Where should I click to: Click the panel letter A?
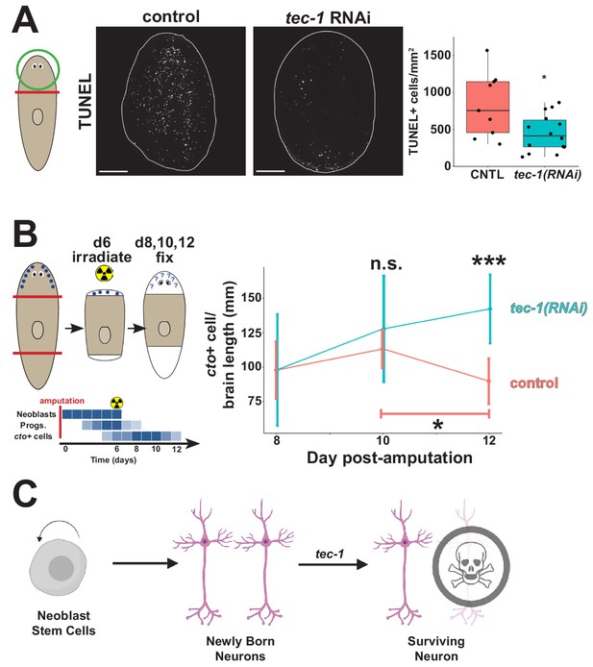pyautogui.click(x=25, y=21)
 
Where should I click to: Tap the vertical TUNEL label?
pyautogui.click(x=86, y=101)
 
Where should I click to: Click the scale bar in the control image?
pyautogui.click(x=113, y=171)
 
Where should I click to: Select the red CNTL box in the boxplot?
pyautogui.click(x=487, y=107)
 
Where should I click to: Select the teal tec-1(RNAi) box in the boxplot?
pyautogui.click(x=546, y=134)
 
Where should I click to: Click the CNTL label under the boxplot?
pyautogui.click(x=487, y=174)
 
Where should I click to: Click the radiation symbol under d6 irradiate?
pyautogui.click(x=105, y=273)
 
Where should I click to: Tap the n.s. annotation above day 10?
pyautogui.click(x=385, y=263)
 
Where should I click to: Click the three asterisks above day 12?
pyautogui.click(x=489, y=260)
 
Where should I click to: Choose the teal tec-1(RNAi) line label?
pyautogui.click(x=549, y=308)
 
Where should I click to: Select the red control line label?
pyautogui.click(x=533, y=383)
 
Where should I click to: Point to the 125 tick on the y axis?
pyautogui.click(x=252, y=333)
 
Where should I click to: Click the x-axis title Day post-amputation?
pyautogui.click(x=389, y=457)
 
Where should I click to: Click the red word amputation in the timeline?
pyautogui.click(x=62, y=401)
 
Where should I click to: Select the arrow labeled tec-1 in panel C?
pyautogui.click(x=333, y=564)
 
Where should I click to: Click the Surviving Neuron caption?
pyautogui.click(x=436, y=649)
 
